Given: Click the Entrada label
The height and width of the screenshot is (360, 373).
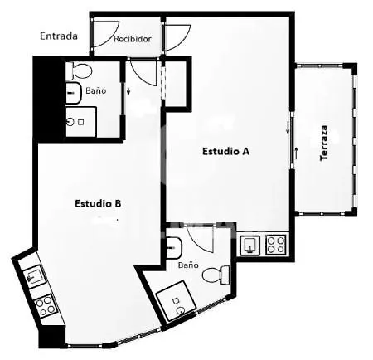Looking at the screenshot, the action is pos(59,36).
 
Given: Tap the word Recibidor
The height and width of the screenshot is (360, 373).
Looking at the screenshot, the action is pos(133,39).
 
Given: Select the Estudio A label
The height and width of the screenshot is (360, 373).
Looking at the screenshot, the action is pos(226,151).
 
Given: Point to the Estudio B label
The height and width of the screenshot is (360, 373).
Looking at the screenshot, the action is pos(98,203).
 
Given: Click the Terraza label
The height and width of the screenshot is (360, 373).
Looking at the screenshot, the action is pos(323,143).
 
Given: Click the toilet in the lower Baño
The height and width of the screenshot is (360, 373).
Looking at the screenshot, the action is pos(216,275).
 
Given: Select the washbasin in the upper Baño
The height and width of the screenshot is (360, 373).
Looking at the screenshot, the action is pos(74,93).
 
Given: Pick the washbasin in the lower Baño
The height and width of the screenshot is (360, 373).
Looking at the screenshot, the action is pos(174,247).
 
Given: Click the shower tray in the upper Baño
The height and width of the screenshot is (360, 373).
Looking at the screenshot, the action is pos(81,122).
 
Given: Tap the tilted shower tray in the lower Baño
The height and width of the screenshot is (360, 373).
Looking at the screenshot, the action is pos(177,301).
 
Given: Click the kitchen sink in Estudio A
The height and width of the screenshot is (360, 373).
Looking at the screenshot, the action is pos(250,246).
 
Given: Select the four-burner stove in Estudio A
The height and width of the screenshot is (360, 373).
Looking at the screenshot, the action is pos(275,245).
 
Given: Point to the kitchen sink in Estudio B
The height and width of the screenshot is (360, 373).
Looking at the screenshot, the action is pos(33,276).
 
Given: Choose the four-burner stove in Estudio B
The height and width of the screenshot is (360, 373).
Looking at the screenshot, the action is pos(46,307).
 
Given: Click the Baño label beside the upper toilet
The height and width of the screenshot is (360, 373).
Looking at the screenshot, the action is pos(96,90).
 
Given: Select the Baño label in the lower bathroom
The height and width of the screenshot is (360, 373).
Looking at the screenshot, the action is pos(188,265).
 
